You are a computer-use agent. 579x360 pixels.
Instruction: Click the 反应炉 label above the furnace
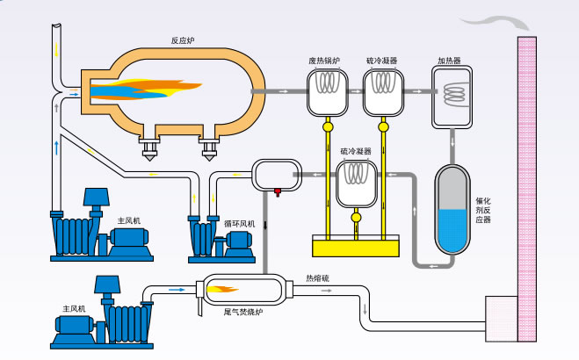[183, 40]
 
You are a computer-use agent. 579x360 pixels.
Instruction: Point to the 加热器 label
[450, 61]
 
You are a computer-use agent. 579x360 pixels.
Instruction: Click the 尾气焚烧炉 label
[240, 311]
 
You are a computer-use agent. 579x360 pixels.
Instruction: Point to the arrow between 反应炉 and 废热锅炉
[286, 90]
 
